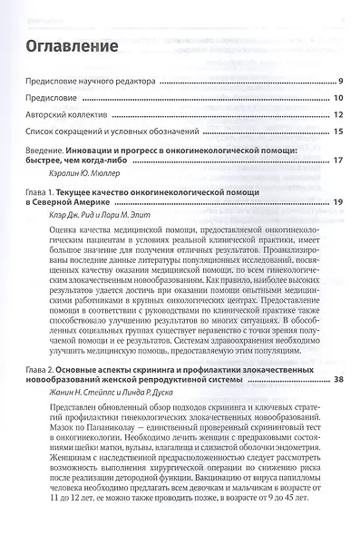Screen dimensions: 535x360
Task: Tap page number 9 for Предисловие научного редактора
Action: point(338,83)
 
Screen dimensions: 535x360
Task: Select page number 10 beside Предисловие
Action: point(336,99)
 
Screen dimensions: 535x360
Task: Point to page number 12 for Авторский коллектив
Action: point(336,115)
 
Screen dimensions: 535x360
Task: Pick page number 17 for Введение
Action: point(336,160)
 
